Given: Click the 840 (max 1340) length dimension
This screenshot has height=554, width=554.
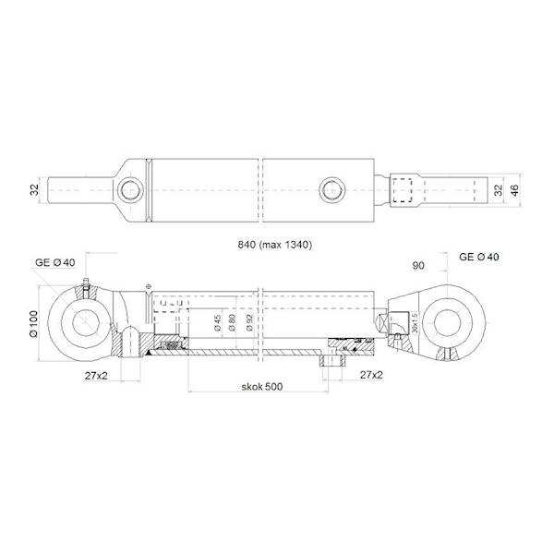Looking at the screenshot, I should coord(276,246).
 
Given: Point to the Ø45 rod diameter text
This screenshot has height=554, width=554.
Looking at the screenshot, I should coord(215,323).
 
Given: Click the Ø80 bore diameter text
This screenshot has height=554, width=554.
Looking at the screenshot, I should coord(233,323).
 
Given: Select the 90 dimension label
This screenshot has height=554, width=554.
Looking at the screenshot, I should coord(418,266).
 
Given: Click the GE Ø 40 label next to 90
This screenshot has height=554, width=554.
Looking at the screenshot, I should coord(479,256).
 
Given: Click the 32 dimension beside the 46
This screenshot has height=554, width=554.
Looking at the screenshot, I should coord(496,190).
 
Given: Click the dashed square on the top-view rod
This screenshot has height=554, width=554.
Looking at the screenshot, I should coord(401,191).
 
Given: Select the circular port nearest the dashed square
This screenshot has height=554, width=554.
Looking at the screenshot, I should coord(333,190).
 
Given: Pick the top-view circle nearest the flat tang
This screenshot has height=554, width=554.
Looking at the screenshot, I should coord(129,190).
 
